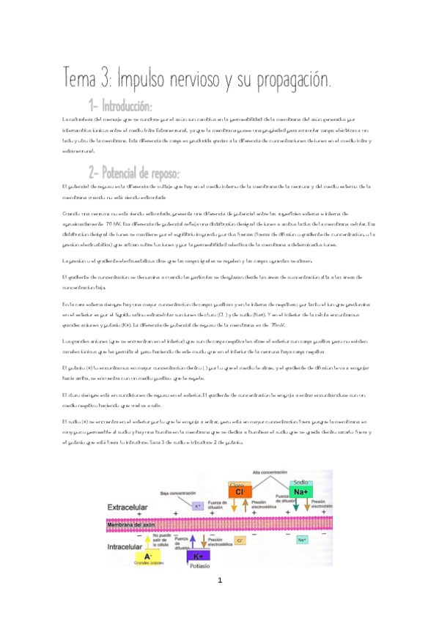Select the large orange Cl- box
(x=239, y=492)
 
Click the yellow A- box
(x=150, y=557)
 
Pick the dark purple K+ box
(x=196, y=557)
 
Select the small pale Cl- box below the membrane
(x=240, y=540)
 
